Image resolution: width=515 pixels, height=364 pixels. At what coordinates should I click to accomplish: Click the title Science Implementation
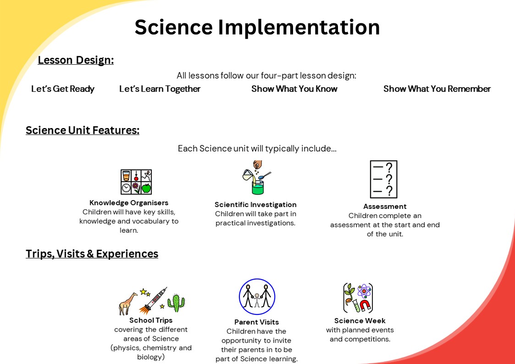(x=257, y=27)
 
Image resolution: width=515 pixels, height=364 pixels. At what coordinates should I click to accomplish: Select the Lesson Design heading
(x=76, y=60)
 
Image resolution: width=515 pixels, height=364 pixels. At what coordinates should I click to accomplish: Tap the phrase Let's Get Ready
(x=63, y=89)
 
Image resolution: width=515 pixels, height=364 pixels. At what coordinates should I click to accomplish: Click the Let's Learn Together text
(x=160, y=89)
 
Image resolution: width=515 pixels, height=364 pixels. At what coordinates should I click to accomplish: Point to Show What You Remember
(x=437, y=89)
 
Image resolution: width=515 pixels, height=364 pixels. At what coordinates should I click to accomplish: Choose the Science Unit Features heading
(x=83, y=130)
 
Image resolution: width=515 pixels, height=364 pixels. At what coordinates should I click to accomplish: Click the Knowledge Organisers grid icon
(x=136, y=182)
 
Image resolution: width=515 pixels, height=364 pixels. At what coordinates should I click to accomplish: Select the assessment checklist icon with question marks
(x=383, y=179)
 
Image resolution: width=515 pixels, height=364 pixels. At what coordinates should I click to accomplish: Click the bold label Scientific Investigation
(x=255, y=205)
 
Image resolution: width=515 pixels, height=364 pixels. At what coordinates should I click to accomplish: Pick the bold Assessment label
(x=385, y=207)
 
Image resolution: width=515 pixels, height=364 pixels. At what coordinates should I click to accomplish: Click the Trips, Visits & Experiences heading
(x=92, y=254)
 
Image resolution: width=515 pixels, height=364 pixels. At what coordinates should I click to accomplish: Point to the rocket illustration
(x=153, y=300)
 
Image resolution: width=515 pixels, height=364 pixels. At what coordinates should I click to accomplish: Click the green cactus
(x=177, y=302)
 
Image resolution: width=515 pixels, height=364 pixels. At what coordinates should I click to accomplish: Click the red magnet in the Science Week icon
(x=365, y=305)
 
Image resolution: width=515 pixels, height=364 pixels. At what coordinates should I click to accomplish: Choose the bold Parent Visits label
(x=256, y=322)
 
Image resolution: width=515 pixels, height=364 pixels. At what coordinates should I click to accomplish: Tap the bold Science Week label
(x=360, y=320)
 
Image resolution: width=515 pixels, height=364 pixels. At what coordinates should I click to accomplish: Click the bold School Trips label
(x=151, y=320)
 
